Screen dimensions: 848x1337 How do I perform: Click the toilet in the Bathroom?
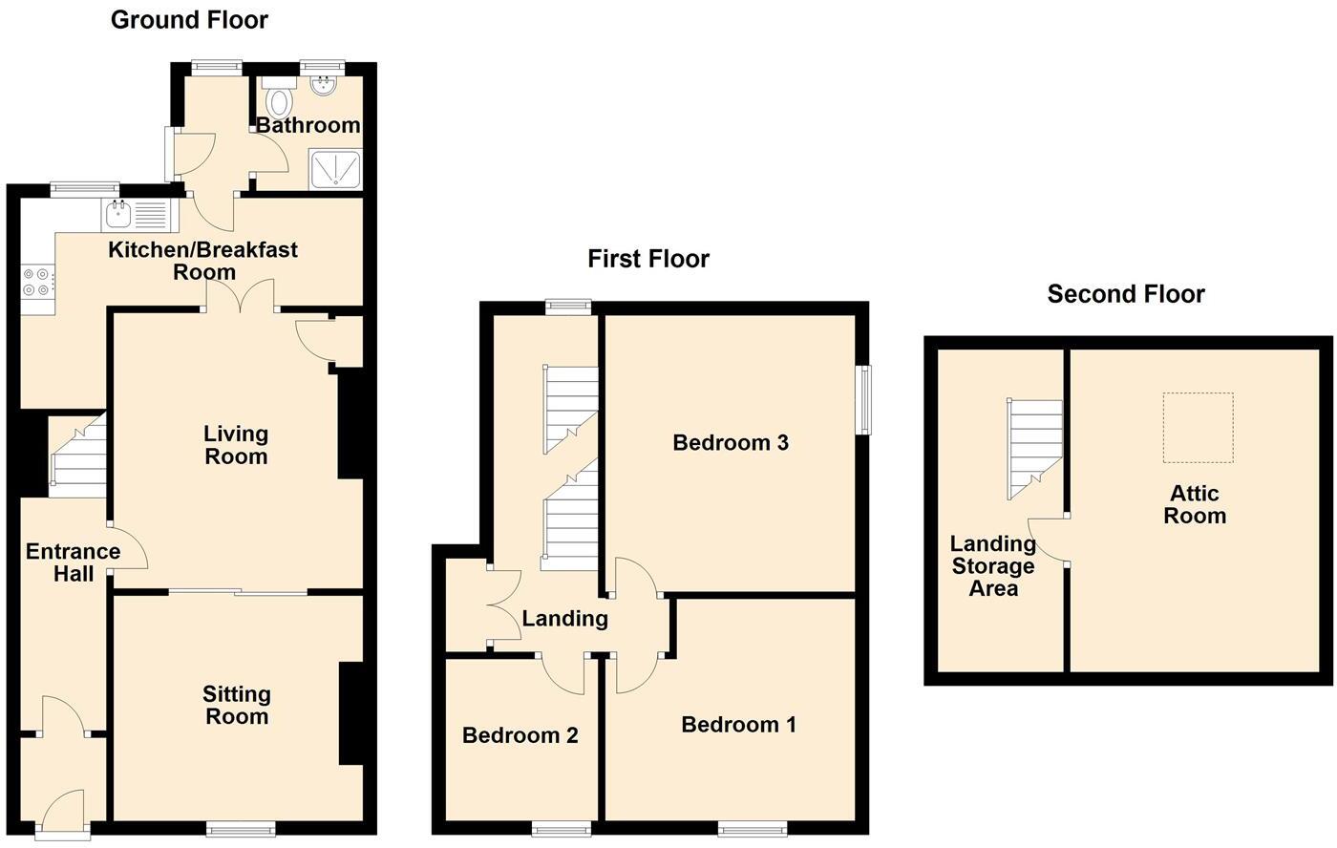click(x=280, y=98)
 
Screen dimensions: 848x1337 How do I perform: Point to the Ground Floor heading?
click(x=189, y=19)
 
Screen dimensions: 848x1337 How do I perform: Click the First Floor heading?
click(x=648, y=259)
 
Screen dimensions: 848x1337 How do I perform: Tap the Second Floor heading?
click(x=1126, y=294)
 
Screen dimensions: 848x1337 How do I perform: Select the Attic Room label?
click(x=1195, y=504)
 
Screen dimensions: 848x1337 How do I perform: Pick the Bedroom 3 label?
click(x=731, y=442)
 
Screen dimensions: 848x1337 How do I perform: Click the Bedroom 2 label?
click(x=520, y=735)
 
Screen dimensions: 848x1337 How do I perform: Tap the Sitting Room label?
click(x=237, y=706)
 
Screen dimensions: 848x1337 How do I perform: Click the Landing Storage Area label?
click(x=993, y=565)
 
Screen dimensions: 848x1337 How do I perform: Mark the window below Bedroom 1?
click(x=753, y=828)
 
